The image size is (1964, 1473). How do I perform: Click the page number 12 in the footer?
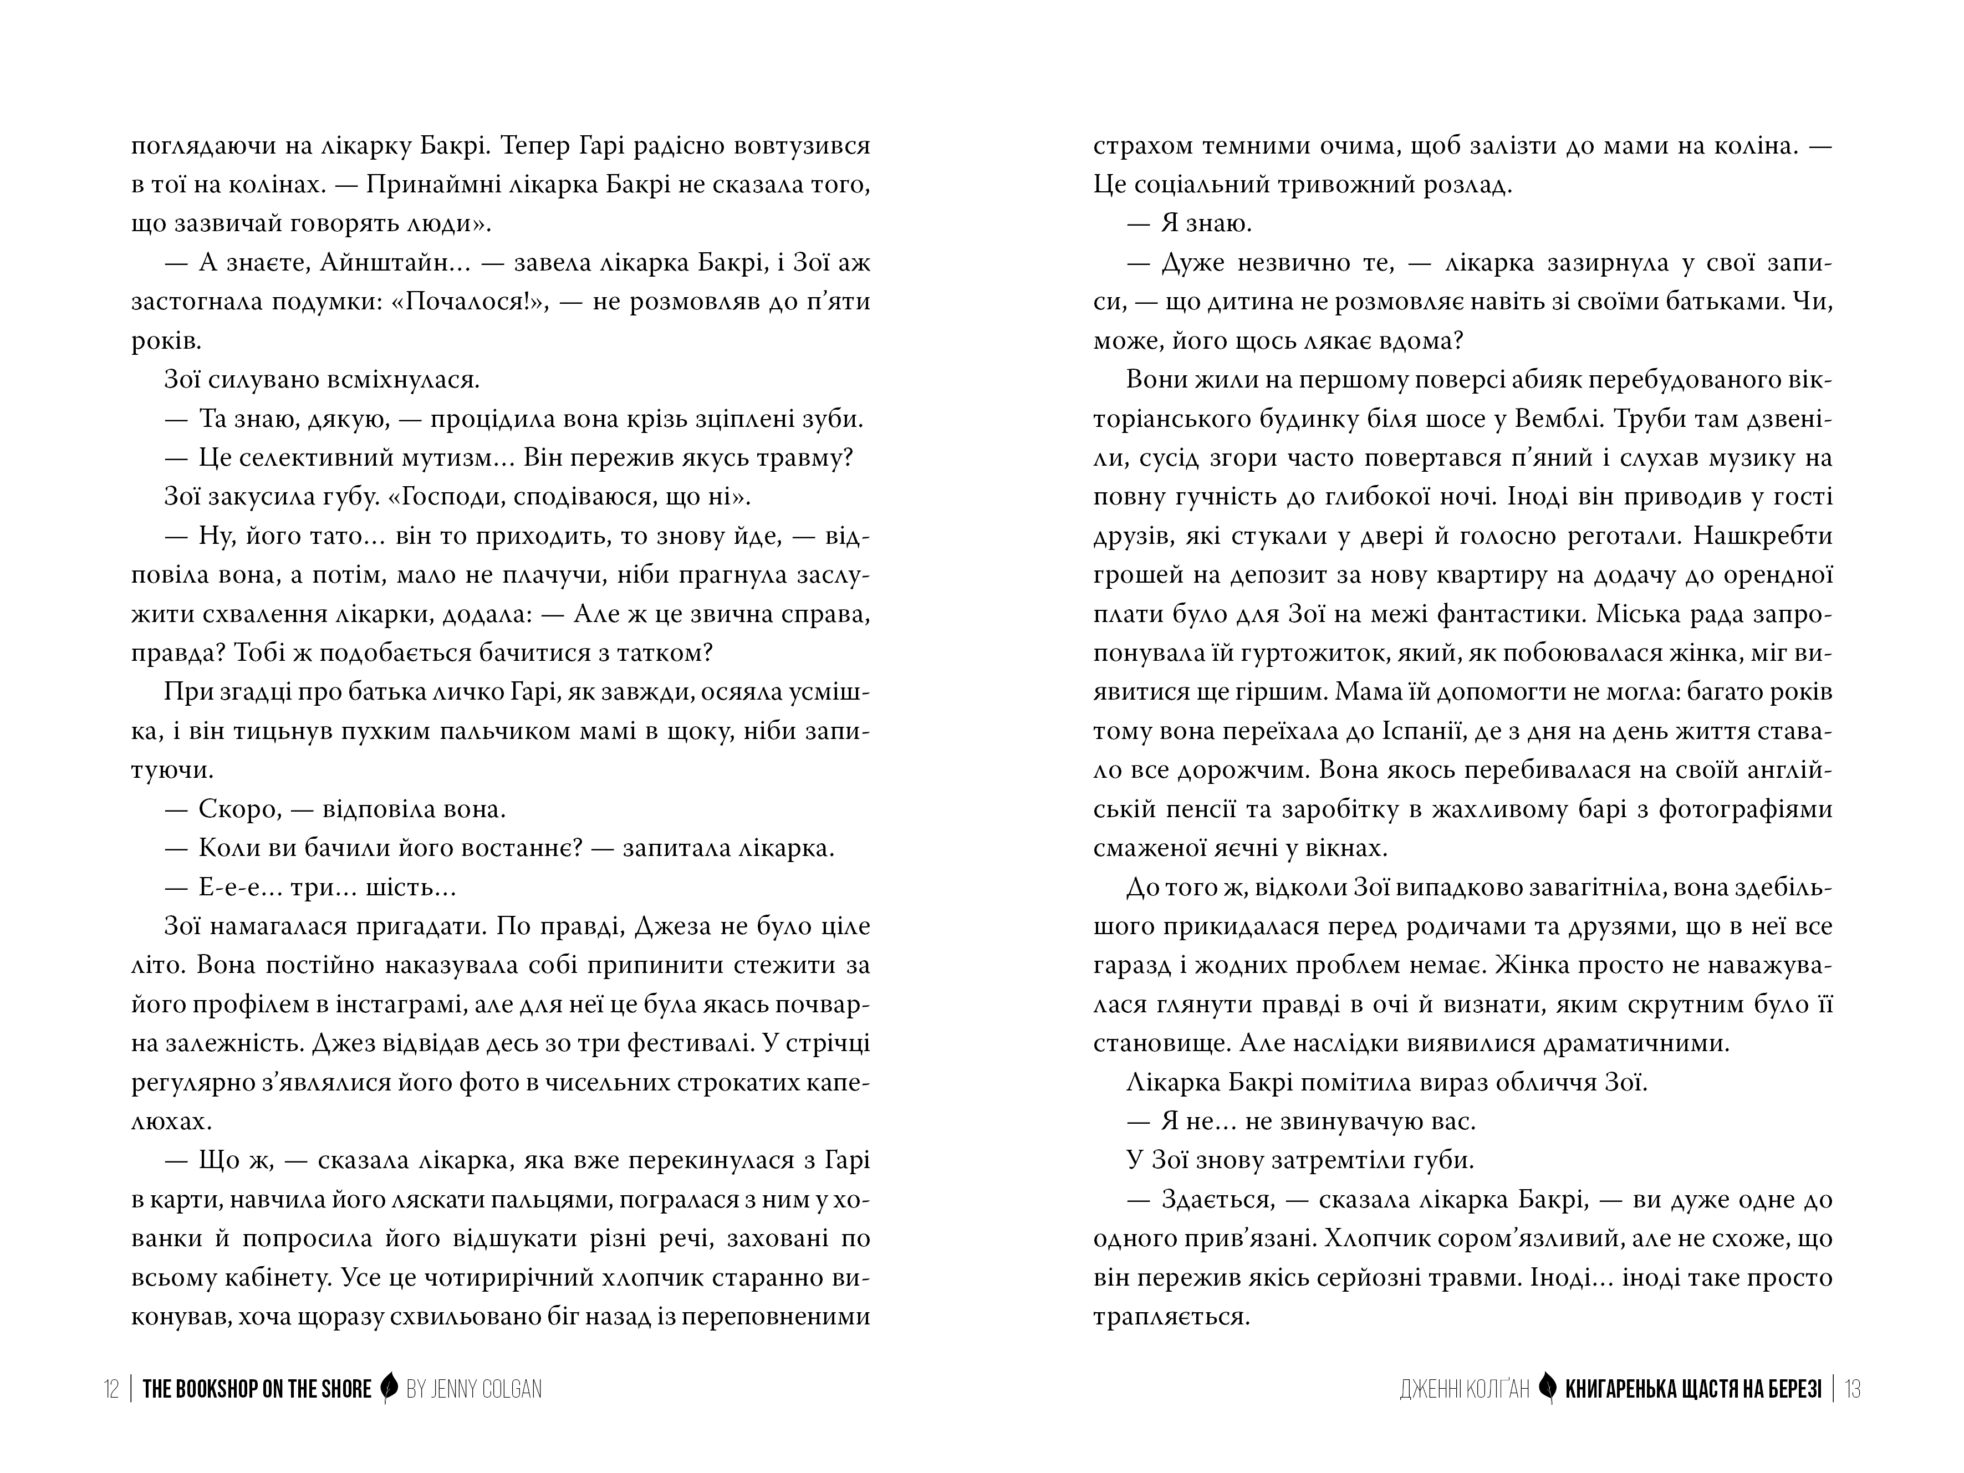click(x=111, y=1389)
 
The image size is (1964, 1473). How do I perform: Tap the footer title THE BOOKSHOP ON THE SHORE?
click(x=257, y=1389)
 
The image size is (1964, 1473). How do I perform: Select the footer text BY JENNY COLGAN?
click(x=474, y=1389)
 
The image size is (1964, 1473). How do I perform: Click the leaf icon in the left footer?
click(x=388, y=1389)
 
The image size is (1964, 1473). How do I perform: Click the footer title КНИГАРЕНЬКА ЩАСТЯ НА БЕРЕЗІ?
click(x=1693, y=1389)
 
